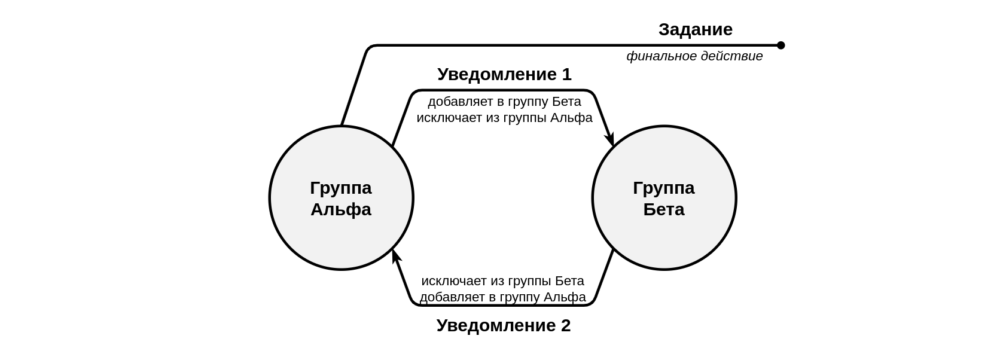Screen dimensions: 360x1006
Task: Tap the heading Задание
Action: (x=695, y=29)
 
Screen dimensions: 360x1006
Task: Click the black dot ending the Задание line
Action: (x=781, y=45)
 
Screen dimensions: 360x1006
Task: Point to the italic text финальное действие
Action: (x=694, y=56)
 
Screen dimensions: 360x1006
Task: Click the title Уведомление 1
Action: (x=504, y=74)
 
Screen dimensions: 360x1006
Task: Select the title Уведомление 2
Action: (x=503, y=325)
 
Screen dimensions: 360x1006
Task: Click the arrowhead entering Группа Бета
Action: (x=610, y=140)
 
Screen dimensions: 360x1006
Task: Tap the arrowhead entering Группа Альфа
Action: (x=395, y=255)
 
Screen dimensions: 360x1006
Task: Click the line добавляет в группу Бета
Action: (x=504, y=102)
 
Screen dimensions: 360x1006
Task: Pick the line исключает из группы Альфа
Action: (x=504, y=118)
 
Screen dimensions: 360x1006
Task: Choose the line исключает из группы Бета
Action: (x=502, y=281)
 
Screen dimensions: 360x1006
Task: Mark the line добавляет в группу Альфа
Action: (x=502, y=297)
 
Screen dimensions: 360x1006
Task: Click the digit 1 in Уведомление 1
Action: (x=566, y=74)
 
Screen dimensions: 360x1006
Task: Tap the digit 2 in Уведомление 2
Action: (x=565, y=325)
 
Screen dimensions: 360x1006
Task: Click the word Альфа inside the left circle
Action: (x=341, y=209)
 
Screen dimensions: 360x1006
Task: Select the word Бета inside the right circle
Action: (x=664, y=209)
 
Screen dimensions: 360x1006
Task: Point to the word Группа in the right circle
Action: (x=664, y=188)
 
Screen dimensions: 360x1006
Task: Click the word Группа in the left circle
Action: (x=341, y=188)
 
